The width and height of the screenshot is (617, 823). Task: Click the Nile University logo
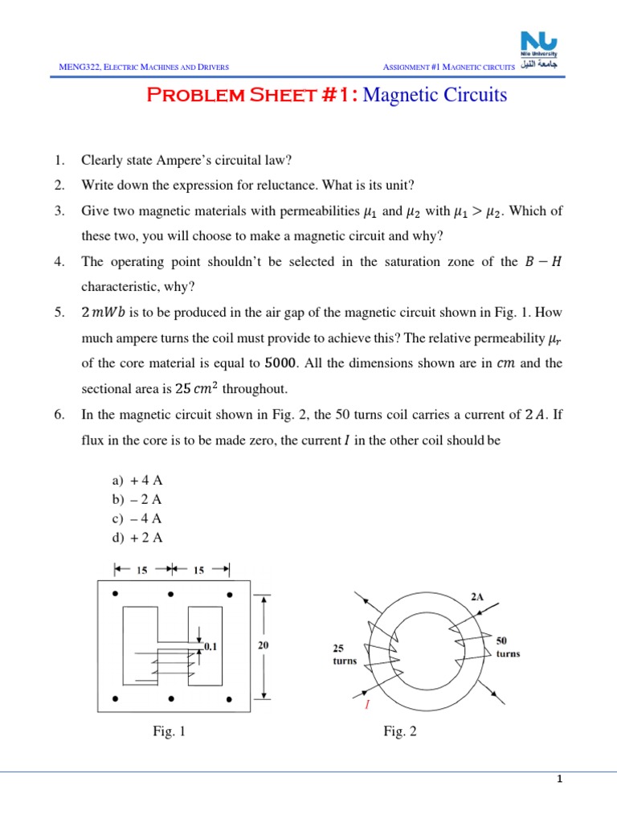click(544, 49)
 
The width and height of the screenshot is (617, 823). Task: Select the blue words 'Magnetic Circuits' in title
click(435, 95)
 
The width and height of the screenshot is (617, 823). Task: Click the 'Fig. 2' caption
click(400, 731)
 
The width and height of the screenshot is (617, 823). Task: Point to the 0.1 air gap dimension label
click(210, 645)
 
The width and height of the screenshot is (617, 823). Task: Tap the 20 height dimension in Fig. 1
click(263, 645)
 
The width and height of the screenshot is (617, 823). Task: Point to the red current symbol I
click(367, 704)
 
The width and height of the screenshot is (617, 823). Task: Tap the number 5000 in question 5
click(280, 363)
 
